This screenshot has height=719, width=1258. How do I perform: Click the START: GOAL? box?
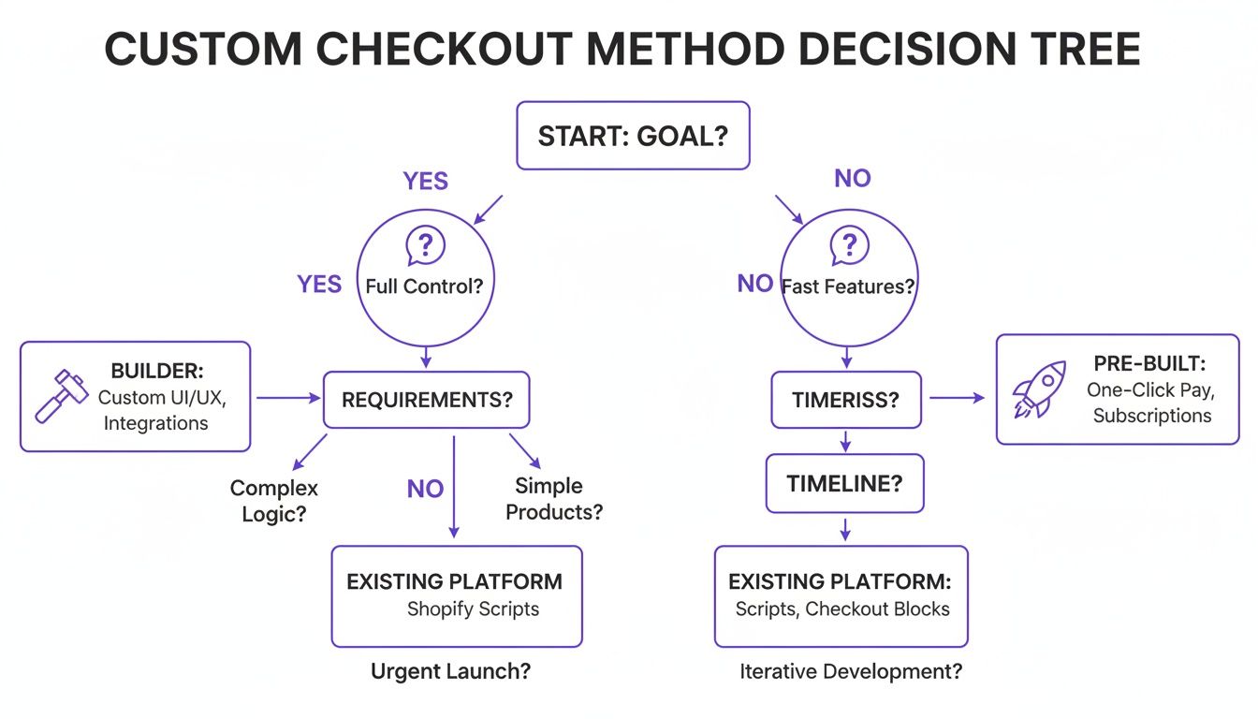[x=633, y=136]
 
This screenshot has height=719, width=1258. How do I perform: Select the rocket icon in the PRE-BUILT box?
[x=1039, y=389]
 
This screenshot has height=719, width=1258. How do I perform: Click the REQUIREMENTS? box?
[x=427, y=400]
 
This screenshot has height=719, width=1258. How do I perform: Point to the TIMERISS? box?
[x=845, y=400]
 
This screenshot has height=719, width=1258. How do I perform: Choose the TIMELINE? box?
[x=844, y=483]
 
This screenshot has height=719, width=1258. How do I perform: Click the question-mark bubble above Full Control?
[x=425, y=247]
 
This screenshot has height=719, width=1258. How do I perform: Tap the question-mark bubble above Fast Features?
[x=849, y=247]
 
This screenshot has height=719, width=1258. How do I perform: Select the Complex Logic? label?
[x=274, y=501]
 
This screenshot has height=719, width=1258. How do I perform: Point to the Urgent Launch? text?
[x=457, y=671]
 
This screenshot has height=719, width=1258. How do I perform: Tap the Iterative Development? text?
[x=851, y=671]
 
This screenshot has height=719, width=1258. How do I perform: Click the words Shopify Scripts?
[x=473, y=609]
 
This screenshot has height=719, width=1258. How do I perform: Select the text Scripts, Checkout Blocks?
[x=841, y=609]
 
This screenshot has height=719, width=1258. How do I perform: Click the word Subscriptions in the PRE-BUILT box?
[x=1151, y=416]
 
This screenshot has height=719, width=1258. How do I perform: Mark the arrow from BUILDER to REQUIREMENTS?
[x=287, y=399]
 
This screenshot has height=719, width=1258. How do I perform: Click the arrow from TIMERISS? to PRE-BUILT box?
[x=957, y=399]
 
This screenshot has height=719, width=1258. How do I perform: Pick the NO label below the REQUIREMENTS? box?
[x=425, y=488]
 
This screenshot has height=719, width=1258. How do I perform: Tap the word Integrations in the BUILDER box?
[x=155, y=423]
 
